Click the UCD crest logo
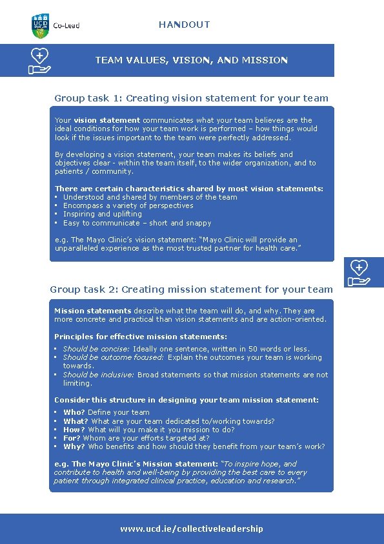tap(40, 25)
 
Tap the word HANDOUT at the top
tap(184, 25)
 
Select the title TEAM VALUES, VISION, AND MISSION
tap(191, 60)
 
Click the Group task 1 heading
tap(191, 98)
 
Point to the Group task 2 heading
tap(191, 289)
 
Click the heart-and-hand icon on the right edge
tap(359, 272)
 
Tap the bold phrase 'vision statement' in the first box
tap(106, 120)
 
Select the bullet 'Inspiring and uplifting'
tap(102, 214)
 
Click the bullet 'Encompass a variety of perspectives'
tap(128, 205)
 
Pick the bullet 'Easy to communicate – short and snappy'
tap(137, 223)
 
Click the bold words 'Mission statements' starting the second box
tap(83, 311)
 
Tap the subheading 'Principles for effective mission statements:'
tap(141, 337)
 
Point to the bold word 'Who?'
tap(74, 412)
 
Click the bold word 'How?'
tap(74, 430)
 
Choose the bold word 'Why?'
tap(74, 446)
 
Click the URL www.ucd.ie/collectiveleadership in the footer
tap(191, 528)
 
